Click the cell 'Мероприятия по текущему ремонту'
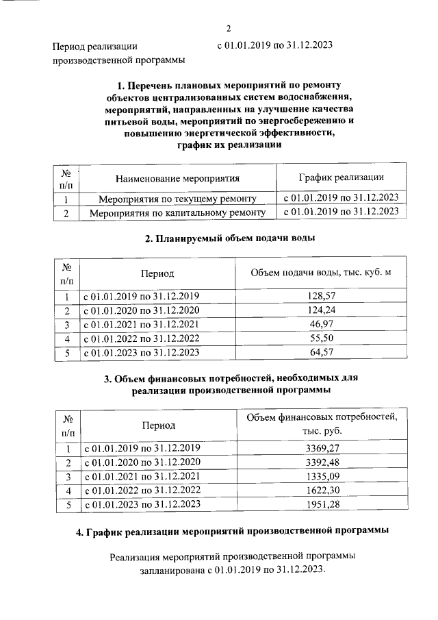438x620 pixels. coord(177,199)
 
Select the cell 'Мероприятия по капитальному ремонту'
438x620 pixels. coord(177,213)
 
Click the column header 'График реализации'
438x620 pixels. coord(341,178)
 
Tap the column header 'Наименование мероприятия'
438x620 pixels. coord(177,179)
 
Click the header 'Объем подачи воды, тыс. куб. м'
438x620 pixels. coord(321,273)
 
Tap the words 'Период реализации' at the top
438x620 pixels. coord(96,47)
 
